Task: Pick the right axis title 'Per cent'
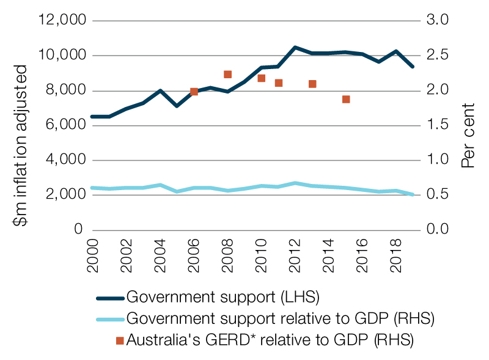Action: click(x=468, y=136)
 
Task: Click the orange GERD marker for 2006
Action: click(x=194, y=92)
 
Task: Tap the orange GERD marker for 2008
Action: click(x=227, y=75)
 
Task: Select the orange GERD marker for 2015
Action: click(x=346, y=99)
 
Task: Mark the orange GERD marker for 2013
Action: click(x=312, y=84)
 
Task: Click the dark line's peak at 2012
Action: click(x=295, y=47)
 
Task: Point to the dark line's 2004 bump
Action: click(x=160, y=90)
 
